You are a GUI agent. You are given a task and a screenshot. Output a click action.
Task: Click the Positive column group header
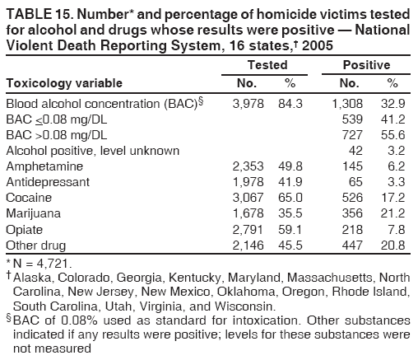[x=366, y=64]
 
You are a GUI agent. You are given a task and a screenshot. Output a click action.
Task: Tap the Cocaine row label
[x=29, y=199]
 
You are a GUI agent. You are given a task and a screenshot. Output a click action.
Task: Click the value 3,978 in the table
[x=250, y=104]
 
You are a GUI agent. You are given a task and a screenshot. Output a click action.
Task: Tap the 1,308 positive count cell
[x=346, y=104]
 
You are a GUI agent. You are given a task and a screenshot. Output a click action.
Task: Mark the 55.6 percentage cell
[x=392, y=135]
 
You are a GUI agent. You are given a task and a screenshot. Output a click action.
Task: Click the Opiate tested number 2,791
[x=250, y=230]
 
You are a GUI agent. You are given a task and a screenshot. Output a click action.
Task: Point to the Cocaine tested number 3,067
[x=250, y=199]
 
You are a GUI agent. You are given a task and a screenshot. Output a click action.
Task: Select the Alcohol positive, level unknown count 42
[x=355, y=151]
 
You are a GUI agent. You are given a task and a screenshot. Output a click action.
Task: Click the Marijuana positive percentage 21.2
[x=392, y=214]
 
